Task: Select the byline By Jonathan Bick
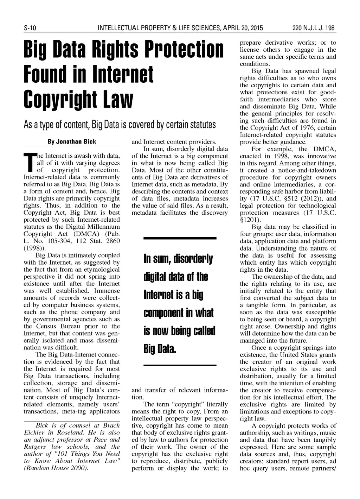click(72, 141)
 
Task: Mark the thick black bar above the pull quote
click(180, 238)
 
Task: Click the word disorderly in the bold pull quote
click(192, 260)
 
